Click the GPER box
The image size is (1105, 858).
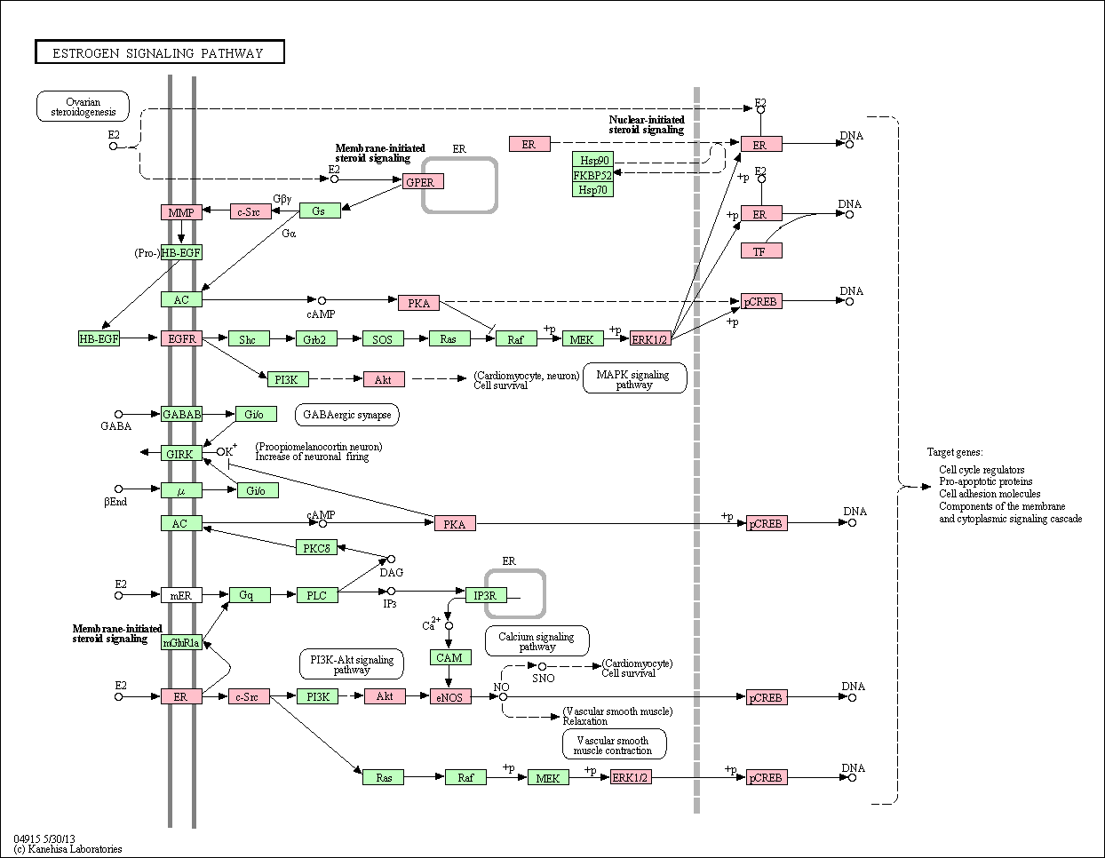423,181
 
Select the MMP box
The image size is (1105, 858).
181,212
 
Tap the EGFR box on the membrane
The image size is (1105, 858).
181,338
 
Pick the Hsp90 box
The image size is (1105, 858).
593,160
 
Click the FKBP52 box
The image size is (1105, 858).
593,175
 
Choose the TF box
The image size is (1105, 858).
761,251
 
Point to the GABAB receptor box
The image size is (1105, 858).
181,414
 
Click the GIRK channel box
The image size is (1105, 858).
181,453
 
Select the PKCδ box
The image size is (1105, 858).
316,547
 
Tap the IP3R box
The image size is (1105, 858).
486,595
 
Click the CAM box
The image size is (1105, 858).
450,657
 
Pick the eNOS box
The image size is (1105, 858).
450,696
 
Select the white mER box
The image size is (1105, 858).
181,595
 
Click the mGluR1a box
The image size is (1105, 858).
181,642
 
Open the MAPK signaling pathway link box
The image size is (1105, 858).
634,378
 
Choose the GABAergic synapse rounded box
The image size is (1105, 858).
347,415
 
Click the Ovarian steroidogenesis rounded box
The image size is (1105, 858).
83,107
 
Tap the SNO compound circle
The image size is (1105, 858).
542,666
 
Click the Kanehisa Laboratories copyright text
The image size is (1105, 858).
68,849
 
